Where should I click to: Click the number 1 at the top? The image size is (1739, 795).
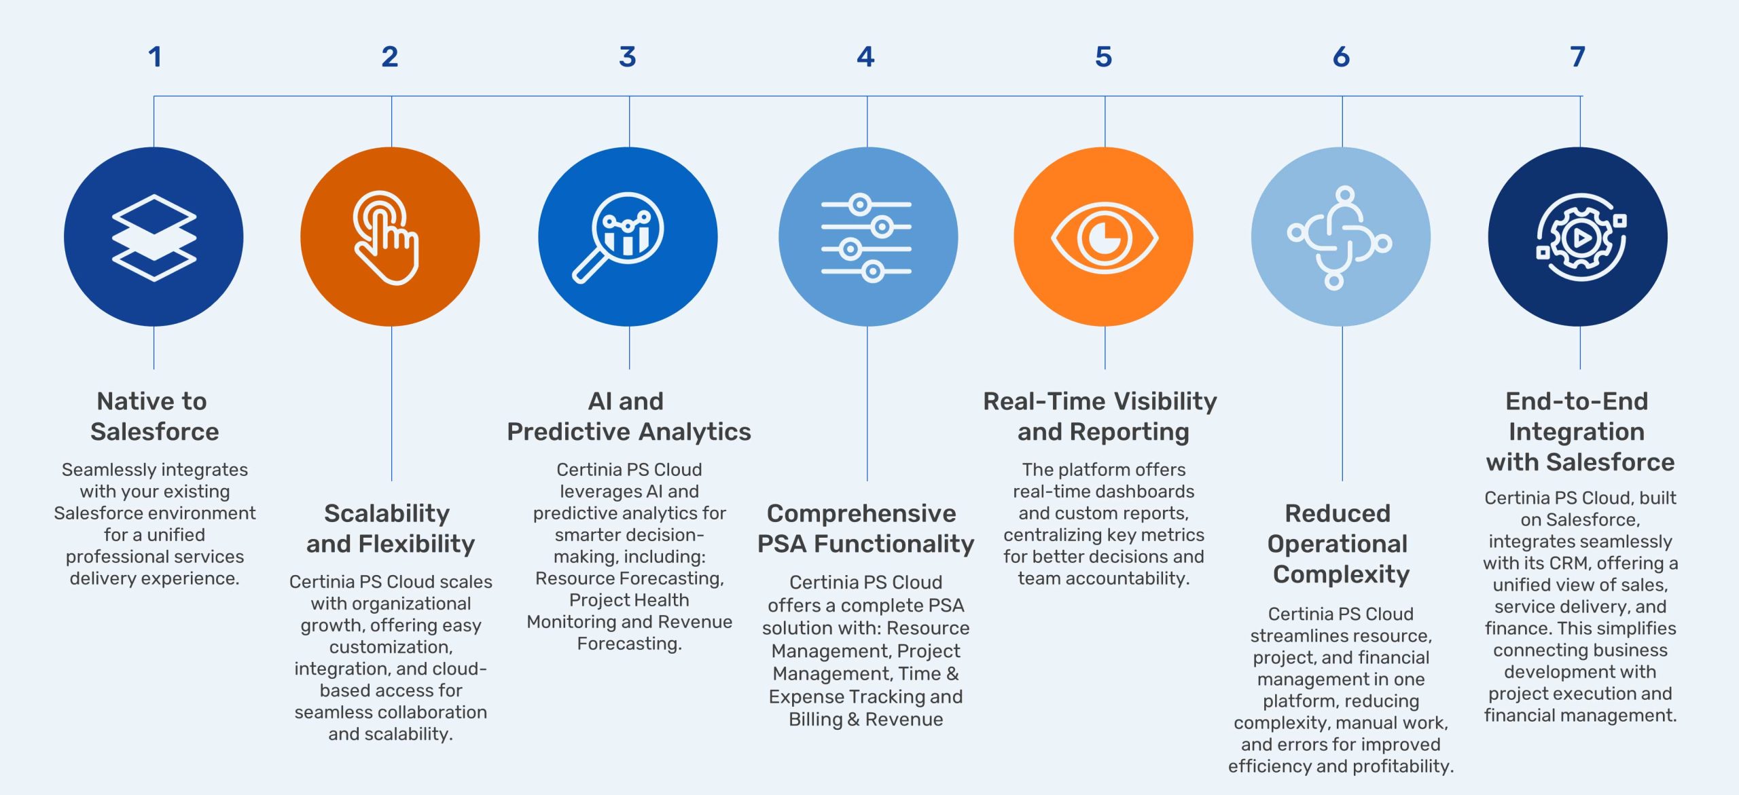pyautogui.click(x=155, y=57)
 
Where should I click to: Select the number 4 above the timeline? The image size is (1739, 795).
pyautogui.click(x=865, y=57)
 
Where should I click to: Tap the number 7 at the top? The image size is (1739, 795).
pyautogui.click(x=1577, y=57)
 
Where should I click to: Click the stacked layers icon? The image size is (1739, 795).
pyautogui.click(x=154, y=238)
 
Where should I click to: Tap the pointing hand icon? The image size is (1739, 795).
pyautogui.click(x=385, y=238)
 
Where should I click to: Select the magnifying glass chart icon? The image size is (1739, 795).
pyautogui.click(x=618, y=238)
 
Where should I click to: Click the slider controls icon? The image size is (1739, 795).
pyautogui.click(x=866, y=238)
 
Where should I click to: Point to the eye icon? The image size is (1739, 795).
pyautogui.click(x=1105, y=238)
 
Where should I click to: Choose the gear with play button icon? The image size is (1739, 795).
pyautogui.click(x=1581, y=238)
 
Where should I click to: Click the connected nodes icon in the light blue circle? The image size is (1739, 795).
pyautogui.click(x=1340, y=238)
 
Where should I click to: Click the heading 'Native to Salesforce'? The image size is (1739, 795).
pyautogui.click(x=154, y=416)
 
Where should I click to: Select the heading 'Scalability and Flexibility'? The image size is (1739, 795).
pyautogui.click(x=390, y=528)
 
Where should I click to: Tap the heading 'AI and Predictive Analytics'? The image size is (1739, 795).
pyautogui.click(x=629, y=416)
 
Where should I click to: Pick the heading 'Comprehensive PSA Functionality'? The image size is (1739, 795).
pyautogui.click(x=865, y=528)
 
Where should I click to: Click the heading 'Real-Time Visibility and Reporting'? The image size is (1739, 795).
pyautogui.click(x=1100, y=416)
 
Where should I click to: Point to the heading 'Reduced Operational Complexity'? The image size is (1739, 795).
pyautogui.click(x=1340, y=543)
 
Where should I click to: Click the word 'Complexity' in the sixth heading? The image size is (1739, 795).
pyautogui.click(x=1341, y=574)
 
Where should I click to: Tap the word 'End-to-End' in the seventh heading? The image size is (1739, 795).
pyautogui.click(x=1577, y=401)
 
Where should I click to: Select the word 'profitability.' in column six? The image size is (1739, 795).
pyautogui.click(x=1401, y=766)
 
